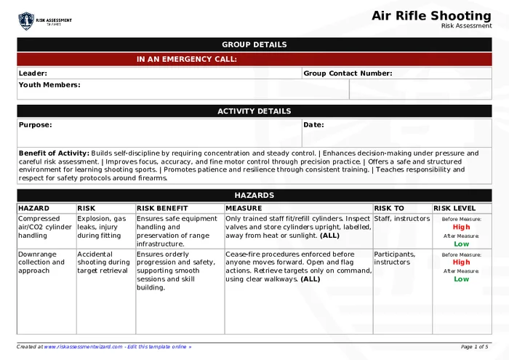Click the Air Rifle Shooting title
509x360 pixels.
[x=431, y=15]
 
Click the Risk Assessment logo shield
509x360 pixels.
[x=26, y=20]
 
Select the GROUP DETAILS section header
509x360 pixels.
[x=254, y=44]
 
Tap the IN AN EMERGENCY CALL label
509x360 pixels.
[x=186, y=60]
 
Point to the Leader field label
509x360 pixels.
[x=33, y=73]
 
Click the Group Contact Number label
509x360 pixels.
[x=348, y=73]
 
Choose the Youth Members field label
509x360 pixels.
[x=49, y=85]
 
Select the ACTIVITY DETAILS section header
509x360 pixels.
[x=254, y=111]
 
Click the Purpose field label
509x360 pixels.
[x=36, y=124]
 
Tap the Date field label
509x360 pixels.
[x=313, y=124]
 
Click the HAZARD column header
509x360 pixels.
[x=33, y=208]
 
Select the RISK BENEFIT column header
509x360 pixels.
[x=162, y=208]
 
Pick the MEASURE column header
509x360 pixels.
[x=244, y=208]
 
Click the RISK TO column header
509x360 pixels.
[x=389, y=208]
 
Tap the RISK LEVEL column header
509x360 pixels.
[x=454, y=208]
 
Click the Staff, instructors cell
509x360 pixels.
[x=401, y=218]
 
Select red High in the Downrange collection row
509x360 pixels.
[x=462, y=263]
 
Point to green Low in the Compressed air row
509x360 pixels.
[x=462, y=244]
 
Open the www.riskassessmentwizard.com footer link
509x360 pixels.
[x=83, y=347]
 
